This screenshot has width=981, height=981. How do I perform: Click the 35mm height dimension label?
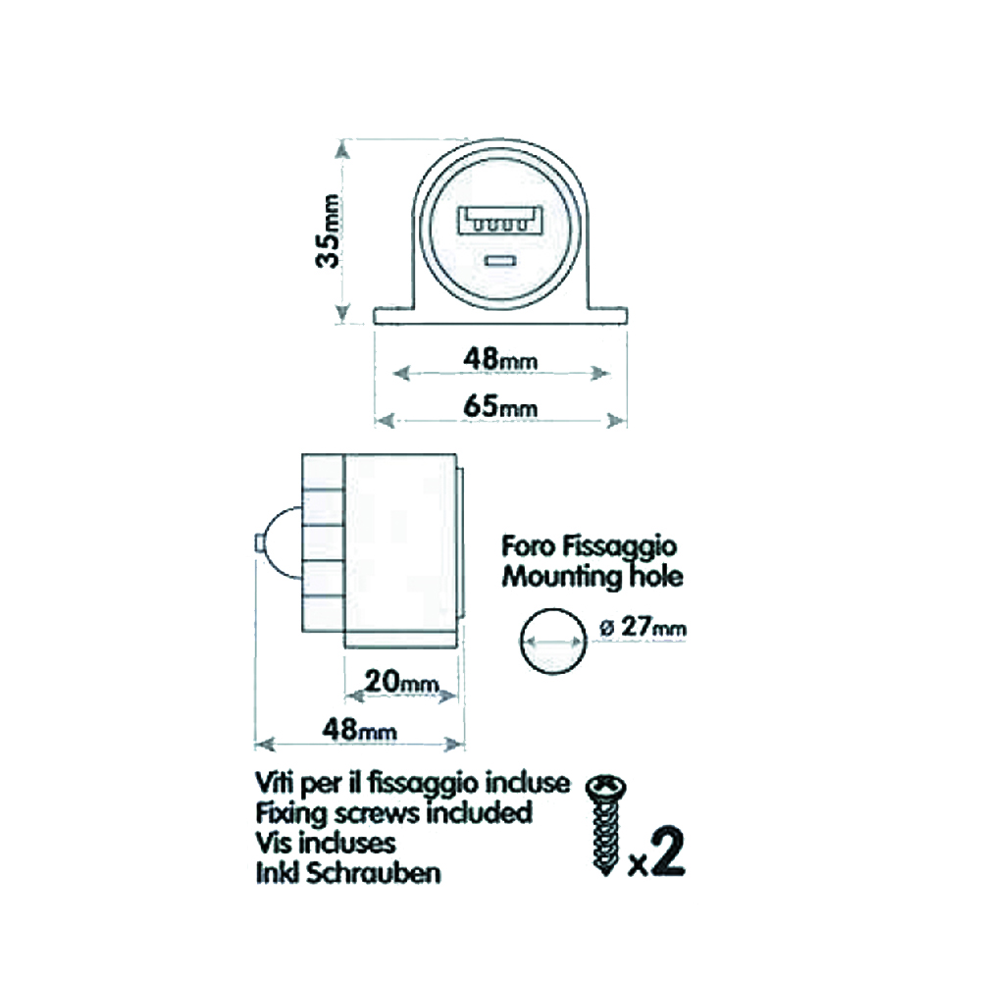click(332, 232)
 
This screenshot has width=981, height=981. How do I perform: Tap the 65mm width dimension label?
click(500, 404)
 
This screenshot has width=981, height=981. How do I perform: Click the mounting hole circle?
click(550, 641)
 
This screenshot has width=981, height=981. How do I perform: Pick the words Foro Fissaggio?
click(589, 545)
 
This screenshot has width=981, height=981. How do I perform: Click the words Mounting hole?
click(593, 576)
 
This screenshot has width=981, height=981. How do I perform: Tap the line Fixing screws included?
click(392, 812)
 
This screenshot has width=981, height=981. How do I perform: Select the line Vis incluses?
click(325, 842)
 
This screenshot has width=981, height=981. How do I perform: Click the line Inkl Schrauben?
click(347, 871)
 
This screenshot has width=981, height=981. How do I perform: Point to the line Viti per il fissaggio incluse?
click(411, 783)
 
